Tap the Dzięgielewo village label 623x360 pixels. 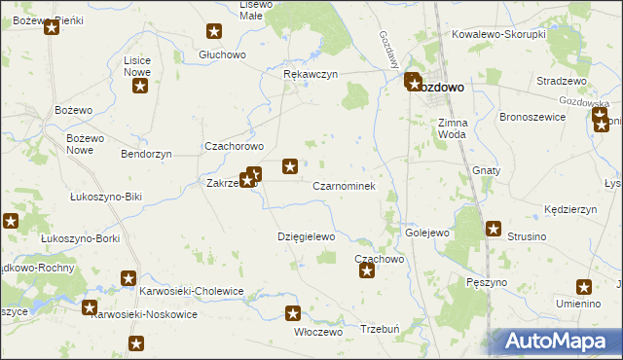pyautogui.click(x=306, y=236)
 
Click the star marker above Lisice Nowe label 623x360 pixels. pyautogui.click(x=139, y=87)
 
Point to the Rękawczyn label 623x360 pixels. pyautogui.click(x=310, y=74)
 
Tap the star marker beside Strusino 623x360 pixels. pyautogui.click(x=494, y=230)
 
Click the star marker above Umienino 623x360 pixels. pyautogui.click(x=584, y=287)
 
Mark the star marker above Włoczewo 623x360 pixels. pyautogui.click(x=293, y=313)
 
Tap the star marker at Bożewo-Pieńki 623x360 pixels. pyautogui.click(x=52, y=27)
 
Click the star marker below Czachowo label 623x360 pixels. pyautogui.click(x=367, y=270)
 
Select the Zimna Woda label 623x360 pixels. pyautogui.click(x=454, y=128)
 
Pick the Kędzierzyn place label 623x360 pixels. pyautogui.click(x=570, y=209)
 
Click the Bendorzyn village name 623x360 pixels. pyautogui.click(x=146, y=154)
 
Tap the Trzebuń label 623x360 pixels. pyautogui.click(x=381, y=329)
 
